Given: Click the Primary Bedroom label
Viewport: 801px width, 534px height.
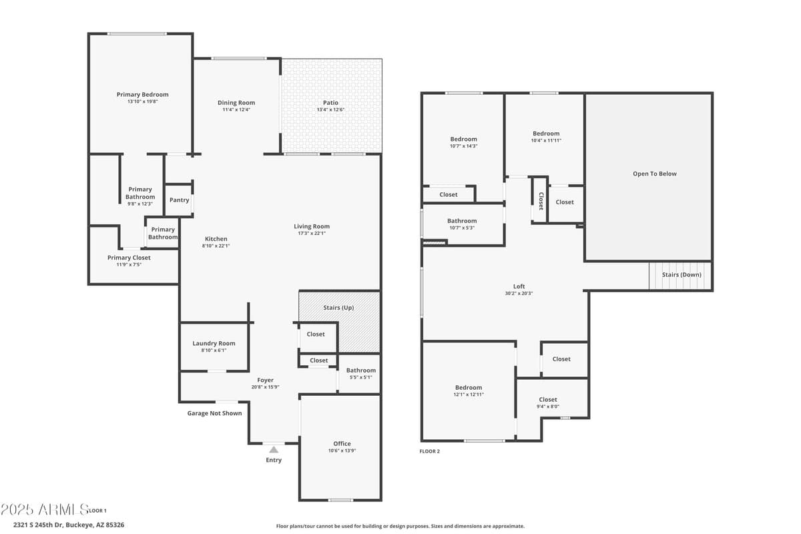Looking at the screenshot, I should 142,95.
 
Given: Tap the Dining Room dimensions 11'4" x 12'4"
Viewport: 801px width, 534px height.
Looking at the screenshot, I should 236,109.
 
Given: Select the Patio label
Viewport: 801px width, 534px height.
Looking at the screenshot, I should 330,103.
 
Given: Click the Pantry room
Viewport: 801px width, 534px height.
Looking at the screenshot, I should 179,200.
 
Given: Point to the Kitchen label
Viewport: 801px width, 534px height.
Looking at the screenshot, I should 216,239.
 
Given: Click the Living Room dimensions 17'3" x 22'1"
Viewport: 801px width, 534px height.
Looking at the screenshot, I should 312,233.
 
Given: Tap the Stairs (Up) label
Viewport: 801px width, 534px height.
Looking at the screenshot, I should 338,308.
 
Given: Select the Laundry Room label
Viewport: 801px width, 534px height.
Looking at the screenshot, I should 214,344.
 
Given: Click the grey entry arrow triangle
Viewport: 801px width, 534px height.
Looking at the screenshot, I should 274,450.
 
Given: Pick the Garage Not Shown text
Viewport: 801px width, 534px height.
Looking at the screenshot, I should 214,413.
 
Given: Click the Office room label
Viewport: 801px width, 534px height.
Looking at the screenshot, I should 342,444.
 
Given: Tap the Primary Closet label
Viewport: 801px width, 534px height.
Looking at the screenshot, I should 129,258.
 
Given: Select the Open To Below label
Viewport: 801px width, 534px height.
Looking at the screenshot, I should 654,174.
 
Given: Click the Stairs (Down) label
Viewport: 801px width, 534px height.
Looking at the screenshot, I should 682,274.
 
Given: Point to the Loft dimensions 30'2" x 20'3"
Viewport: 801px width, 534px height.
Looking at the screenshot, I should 519,293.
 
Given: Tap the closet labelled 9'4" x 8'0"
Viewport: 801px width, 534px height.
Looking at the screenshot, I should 548,403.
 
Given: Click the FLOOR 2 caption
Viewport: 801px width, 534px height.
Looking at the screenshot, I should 429,451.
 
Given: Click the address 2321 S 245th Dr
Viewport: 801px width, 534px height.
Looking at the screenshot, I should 40,525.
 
